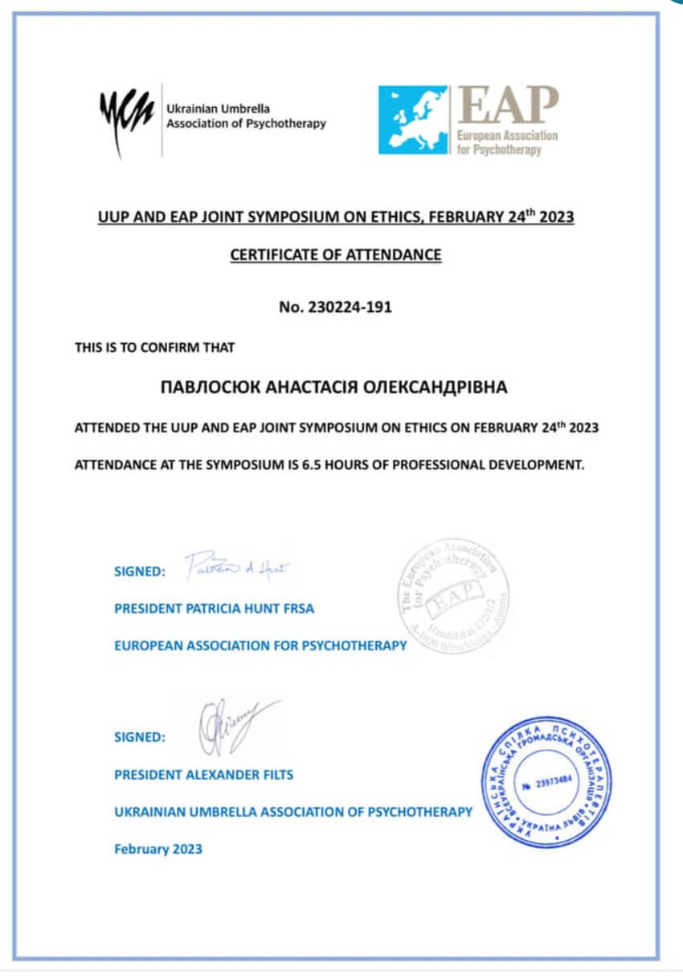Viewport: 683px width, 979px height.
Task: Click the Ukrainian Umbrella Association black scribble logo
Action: (127, 117)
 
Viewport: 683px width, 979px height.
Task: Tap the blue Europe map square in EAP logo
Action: (413, 120)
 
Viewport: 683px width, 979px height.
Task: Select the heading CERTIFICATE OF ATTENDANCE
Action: (336, 255)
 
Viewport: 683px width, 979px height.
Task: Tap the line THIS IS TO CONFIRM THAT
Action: (154, 348)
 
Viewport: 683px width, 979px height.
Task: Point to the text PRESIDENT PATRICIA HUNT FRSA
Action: (214, 608)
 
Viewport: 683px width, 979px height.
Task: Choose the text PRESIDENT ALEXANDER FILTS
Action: (204, 775)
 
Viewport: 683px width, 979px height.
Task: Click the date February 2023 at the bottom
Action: (158, 849)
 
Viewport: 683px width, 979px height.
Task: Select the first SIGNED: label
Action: (140, 571)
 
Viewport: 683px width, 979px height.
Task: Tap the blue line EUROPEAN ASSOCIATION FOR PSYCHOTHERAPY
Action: (260, 645)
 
